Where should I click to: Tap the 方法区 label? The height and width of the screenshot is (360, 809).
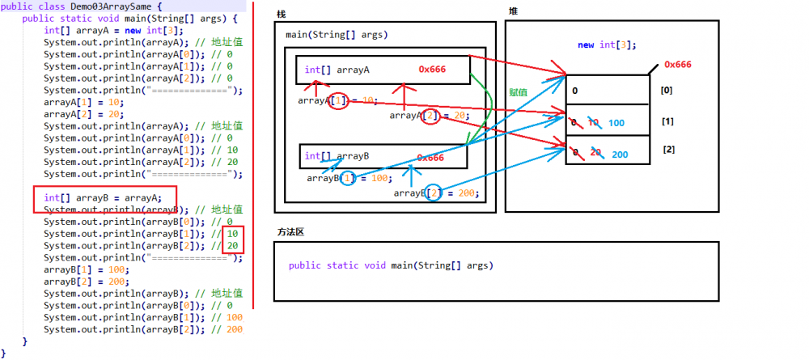coord(290,232)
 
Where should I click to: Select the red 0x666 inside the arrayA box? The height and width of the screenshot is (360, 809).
coord(433,70)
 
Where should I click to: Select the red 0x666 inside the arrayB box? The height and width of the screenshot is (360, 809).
coord(430,158)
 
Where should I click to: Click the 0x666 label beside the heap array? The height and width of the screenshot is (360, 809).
coord(677,64)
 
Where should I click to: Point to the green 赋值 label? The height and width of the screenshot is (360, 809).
coord(518,93)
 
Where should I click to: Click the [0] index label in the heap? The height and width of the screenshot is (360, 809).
coord(667,91)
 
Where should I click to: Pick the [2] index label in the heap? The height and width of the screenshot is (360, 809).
coord(668,150)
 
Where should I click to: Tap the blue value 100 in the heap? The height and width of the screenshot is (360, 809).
coord(617,123)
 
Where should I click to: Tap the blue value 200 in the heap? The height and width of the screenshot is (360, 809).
coord(620,155)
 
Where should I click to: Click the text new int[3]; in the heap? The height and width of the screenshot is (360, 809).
coord(607,45)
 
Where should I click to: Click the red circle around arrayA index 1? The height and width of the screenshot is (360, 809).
coord(340,101)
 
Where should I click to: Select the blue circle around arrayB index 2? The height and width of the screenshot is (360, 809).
coord(434,193)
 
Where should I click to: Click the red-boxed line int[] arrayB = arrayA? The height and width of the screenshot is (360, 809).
coord(103,197)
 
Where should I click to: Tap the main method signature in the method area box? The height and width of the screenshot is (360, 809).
coord(390,265)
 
